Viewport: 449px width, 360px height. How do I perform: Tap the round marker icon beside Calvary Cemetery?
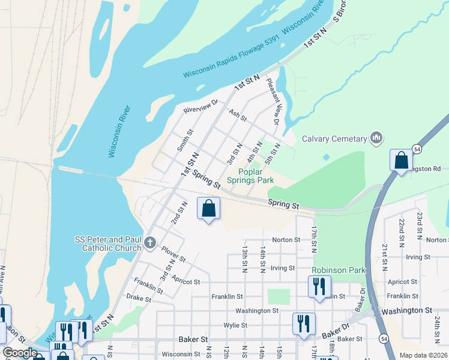coord(376,139)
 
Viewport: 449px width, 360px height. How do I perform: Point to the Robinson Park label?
coord(339,271)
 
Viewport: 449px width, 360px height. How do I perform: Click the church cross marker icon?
coord(150,244)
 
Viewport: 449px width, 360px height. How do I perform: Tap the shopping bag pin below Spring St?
coord(208,209)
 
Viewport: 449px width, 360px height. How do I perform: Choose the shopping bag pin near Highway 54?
coord(401,161)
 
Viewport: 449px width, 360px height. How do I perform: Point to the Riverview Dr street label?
coord(200,106)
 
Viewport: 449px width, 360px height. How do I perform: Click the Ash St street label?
coord(238,115)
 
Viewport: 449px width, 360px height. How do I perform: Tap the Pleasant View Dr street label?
coord(273,101)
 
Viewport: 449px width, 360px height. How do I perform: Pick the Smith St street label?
coord(184,140)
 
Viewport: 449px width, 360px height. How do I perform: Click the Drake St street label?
coord(139,297)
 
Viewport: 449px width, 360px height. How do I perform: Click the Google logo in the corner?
coord(19,353)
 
